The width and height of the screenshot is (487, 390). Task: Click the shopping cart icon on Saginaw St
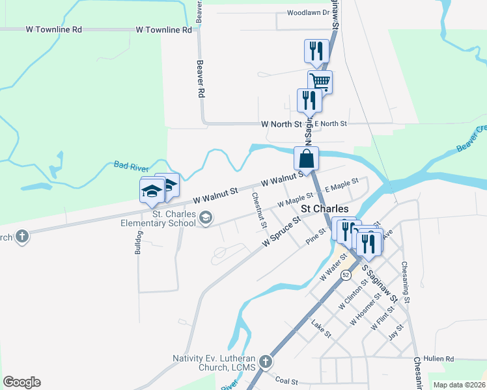pyautogui.click(x=320, y=82)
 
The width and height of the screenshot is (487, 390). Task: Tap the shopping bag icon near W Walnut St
pyautogui.click(x=306, y=158)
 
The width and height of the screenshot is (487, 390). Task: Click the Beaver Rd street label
pyautogui.click(x=201, y=80)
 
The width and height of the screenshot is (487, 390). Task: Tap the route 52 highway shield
pyautogui.click(x=346, y=276)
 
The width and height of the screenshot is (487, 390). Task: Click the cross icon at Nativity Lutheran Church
pyautogui.click(x=265, y=361)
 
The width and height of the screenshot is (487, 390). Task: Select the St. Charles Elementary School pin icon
pyautogui.click(x=206, y=218)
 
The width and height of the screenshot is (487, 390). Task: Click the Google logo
pyautogui.click(x=21, y=382)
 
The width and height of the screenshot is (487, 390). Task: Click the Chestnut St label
pyautogui.click(x=259, y=211)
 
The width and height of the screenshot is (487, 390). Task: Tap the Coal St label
pyautogui.click(x=286, y=382)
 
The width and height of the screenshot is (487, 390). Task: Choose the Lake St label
pyautogui.click(x=322, y=329)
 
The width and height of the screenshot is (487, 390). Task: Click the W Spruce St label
pyautogui.click(x=281, y=231)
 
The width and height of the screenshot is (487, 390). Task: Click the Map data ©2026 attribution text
pyautogui.click(x=459, y=385)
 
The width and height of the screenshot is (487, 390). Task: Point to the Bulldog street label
pyautogui.click(x=137, y=240)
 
